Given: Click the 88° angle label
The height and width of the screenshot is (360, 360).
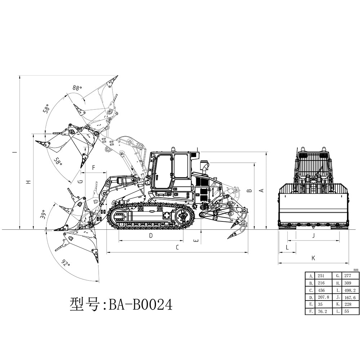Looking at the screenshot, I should [x=77, y=87].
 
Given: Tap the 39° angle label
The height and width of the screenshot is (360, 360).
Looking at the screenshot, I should [x=44, y=215].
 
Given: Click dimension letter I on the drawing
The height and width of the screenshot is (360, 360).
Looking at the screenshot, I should [x=14, y=152].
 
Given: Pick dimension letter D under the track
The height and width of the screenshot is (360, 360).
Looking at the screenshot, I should [x=151, y=236].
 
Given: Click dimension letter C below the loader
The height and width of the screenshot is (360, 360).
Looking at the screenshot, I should [x=177, y=248].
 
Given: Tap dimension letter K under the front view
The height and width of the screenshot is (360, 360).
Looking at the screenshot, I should [x=313, y=258].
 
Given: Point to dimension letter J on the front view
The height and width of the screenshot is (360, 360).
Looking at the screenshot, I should [x=313, y=236].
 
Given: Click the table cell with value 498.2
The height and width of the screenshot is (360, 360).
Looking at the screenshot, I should [x=350, y=290].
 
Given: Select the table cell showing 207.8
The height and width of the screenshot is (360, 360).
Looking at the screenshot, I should [x=323, y=297].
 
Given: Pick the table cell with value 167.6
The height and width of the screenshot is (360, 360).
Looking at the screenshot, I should [x=350, y=297].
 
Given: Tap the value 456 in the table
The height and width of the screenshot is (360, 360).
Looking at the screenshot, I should [x=321, y=290].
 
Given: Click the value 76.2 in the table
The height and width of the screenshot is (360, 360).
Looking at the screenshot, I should [x=322, y=311].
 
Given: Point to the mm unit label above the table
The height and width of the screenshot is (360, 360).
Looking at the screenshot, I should [x=356, y=270].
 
